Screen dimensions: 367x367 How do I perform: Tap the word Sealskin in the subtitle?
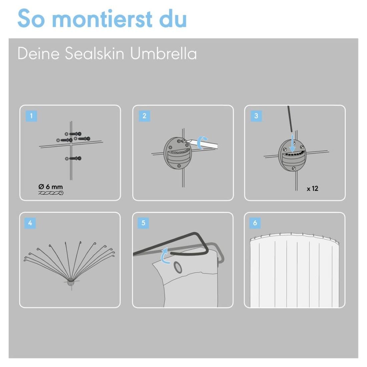tap(94, 54)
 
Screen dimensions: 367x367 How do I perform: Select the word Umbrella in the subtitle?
tap(163, 54)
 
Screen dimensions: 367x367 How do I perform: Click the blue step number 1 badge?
tap(31, 116)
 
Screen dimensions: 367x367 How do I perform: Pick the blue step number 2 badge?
tap(144, 116)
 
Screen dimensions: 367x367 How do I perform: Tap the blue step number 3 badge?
tap(256, 116)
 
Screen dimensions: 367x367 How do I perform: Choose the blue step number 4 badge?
tap(30, 223)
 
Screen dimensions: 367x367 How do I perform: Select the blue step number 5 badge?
tap(143, 223)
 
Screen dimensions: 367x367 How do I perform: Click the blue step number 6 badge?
tap(255, 223)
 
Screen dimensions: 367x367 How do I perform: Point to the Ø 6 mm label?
tap(51, 187)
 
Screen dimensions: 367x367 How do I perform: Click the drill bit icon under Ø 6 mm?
tap(51, 193)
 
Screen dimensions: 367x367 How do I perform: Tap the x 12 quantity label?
tap(313, 189)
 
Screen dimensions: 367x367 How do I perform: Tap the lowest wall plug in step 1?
tap(73, 158)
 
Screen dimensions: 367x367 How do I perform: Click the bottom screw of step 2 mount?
tap(179, 166)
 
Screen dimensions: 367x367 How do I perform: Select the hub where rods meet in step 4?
tap(70, 283)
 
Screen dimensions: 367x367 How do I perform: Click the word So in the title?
tap(31, 19)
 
